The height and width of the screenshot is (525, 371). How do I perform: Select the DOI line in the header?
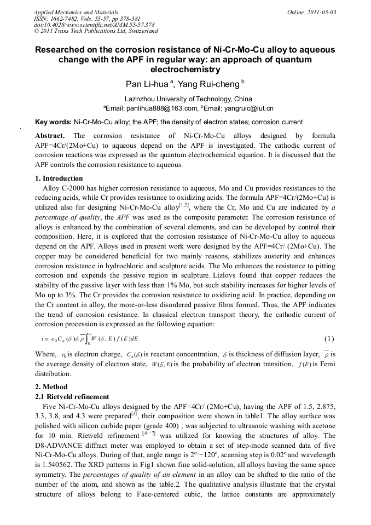pos(94,25)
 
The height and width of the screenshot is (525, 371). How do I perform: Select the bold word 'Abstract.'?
pos(50,135)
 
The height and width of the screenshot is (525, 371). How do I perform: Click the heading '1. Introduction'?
pos(59,178)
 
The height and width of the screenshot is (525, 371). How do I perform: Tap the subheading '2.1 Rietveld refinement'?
pos(72,396)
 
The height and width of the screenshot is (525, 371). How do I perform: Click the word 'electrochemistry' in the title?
pos(185,70)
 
